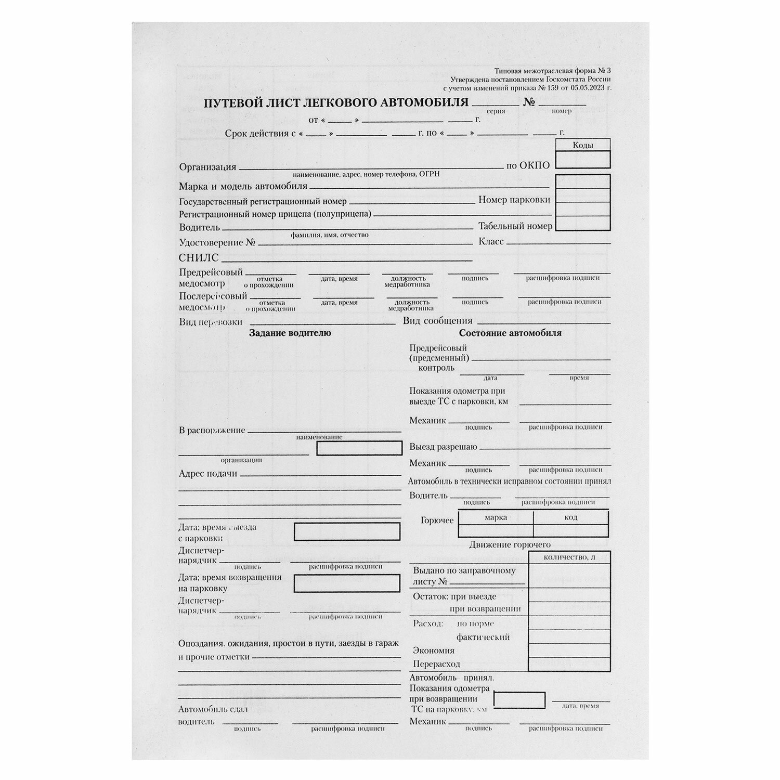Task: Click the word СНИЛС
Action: pyautogui.click(x=199, y=258)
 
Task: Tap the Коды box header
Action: pyautogui.click(x=582, y=146)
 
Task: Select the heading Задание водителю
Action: pyautogui.click(x=290, y=333)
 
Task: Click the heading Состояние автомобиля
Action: pyautogui.click(x=510, y=333)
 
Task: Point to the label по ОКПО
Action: pyautogui.click(x=528, y=166)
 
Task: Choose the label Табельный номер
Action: pyautogui.click(x=515, y=226)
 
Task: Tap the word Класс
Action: pyautogui.click(x=491, y=242)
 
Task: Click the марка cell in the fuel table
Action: pyautogui.click(x=495, y=517)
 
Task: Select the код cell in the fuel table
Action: pyautogui.click(x=570, y=517)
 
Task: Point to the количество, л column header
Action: pyautogui.click(x=569, y=557)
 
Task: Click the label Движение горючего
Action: pyautogui.click(x=510, y=545)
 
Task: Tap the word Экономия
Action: pyautogui.click(x=434, y=651)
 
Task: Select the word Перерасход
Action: pyautogui.click(x=437, y=664)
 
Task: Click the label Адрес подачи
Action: pyautogui.click(x=208, y=474)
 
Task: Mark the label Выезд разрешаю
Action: pyautogui.click(x=443, y=447)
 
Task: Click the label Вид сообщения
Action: pyautogui.click(x=437, y=321)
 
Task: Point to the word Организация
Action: pyautogui.click(x=207, y=167)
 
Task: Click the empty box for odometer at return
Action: pyautogui.click(x=519, y=700)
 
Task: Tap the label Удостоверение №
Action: pyautogui.click(x=218, y=242)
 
